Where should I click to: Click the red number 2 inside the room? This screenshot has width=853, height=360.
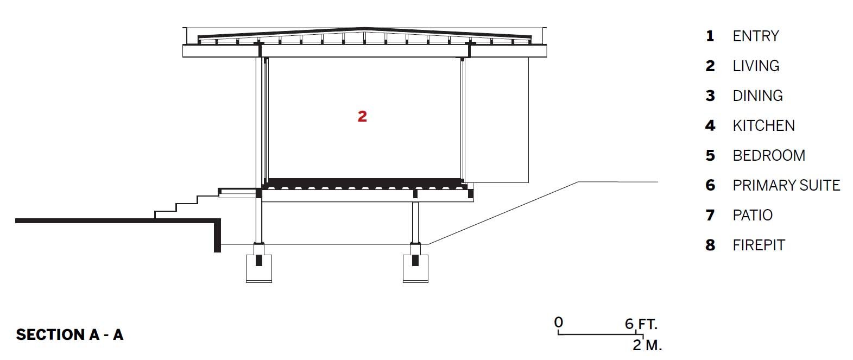[x=362, y=116]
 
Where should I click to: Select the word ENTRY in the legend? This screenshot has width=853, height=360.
[x=756, y=36]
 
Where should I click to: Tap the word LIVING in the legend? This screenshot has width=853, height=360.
[x=756, y=66]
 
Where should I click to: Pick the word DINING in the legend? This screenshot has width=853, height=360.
[x=758, y=96]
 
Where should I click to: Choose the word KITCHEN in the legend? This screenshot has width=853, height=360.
[x=764, y=126]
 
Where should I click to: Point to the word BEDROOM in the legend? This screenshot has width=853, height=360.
[x=769, y=155]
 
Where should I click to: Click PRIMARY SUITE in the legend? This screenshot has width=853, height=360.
[x=786, y=185]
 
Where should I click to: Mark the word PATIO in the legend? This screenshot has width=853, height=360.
[x=753, y=215]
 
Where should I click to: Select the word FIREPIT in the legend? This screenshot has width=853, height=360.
[x=759, y=245]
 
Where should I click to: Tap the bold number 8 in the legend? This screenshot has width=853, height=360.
[x=710, y=245]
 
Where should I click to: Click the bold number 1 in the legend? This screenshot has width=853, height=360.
[x=710, y=36]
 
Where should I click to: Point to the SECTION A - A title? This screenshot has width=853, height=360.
[x=69, y=334]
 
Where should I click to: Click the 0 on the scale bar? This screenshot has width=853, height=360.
[x=559, y=323]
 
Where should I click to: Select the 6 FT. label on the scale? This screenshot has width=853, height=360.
[x=641, y=324]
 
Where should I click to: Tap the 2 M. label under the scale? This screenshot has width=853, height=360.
[x=647, y=345]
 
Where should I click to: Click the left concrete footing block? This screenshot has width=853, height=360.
[x=259, y=268]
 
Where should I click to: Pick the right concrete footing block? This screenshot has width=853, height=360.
[x=415, y=268]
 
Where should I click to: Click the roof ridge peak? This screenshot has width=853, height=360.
[x=364, y=28]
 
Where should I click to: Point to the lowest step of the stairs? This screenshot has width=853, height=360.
[x=165, y=215]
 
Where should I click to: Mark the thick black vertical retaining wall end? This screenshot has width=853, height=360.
[x=217, y=236]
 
